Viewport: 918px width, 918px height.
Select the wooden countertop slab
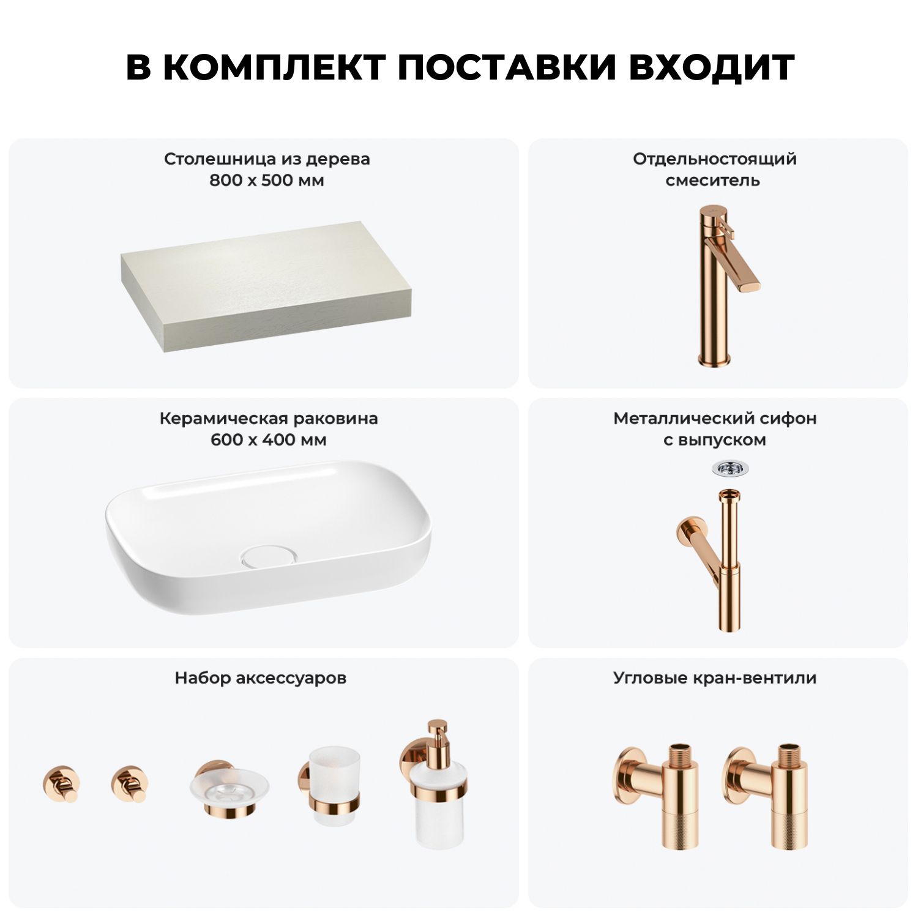coord(264,286)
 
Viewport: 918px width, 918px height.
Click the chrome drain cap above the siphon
coord(730,469)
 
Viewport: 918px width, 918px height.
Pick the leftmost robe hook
coord(61,783)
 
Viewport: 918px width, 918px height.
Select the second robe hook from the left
coord(130,783)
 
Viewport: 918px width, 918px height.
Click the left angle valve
coord(655,796)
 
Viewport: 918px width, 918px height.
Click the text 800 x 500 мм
coord(267,181)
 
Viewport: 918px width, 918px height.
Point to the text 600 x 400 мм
coord(269,440)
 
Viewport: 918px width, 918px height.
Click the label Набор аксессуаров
coord(261,678)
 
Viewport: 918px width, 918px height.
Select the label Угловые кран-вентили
coord(715,678)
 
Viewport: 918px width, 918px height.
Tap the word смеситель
coord(713,181)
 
